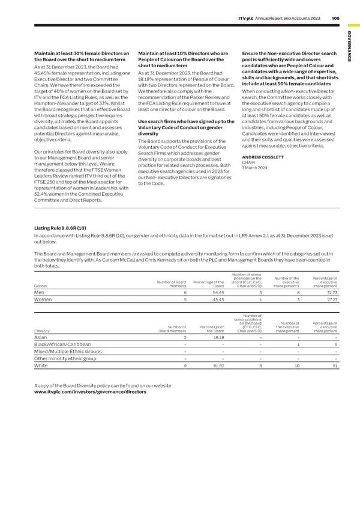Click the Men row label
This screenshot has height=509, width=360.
point(40,292)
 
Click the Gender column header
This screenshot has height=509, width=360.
point(41,286)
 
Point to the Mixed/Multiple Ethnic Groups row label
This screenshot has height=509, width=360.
point(67,351)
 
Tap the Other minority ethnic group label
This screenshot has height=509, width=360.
point(65,358)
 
